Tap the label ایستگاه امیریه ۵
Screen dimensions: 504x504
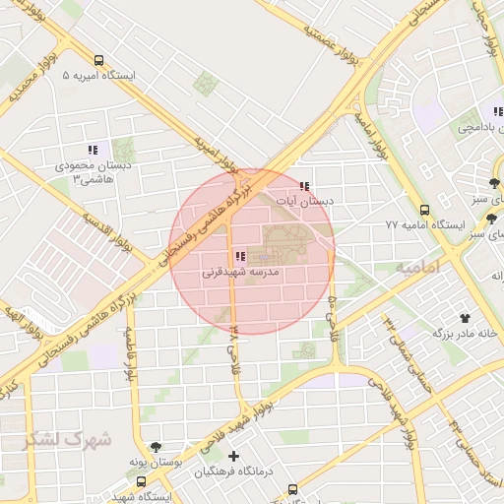[99, 76]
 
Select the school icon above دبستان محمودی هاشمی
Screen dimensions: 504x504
[93, 150]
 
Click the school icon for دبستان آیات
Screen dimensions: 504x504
[305, 185]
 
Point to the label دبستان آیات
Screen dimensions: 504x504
[305, 201]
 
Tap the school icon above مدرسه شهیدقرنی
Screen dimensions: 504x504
[241, 256]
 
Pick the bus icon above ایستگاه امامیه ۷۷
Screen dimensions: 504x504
[424, 210]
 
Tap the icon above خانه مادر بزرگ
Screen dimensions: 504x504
[464, 318]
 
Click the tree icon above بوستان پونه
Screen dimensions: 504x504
[156, 446]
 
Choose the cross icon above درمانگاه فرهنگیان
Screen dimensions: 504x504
[233, 456]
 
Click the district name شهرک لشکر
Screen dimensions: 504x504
[68, 439]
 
